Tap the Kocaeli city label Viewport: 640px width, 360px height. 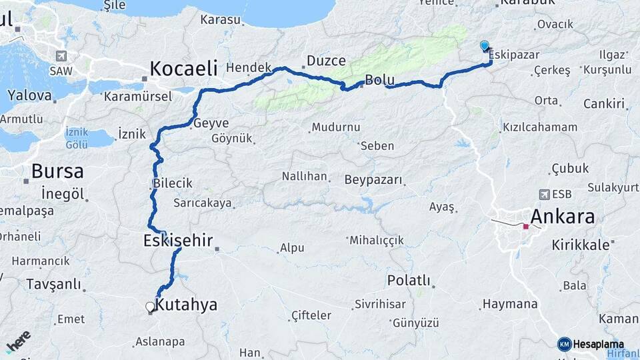click(x=184, y=68)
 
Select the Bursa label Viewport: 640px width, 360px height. click(x=57, y=171)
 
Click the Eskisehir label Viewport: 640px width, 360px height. click(x=177, y=240)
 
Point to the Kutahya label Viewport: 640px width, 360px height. click(x=186, y=305)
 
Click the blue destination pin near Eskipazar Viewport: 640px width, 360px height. click(x=485, y=46)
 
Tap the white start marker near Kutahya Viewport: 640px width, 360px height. click(x=150, y=307)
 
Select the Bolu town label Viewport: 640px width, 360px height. click(x=380, y=81)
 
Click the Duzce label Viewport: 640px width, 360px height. click(x=326, y=61)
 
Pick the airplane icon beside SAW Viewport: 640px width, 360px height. click(x=63, y=56)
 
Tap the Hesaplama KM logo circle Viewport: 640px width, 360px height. click(x=564, y=344)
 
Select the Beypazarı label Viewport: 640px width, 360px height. click(x=373, y=180)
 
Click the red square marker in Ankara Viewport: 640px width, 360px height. click(x=526, y=227)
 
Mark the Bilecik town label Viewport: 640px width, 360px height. click(x=172, y=183)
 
